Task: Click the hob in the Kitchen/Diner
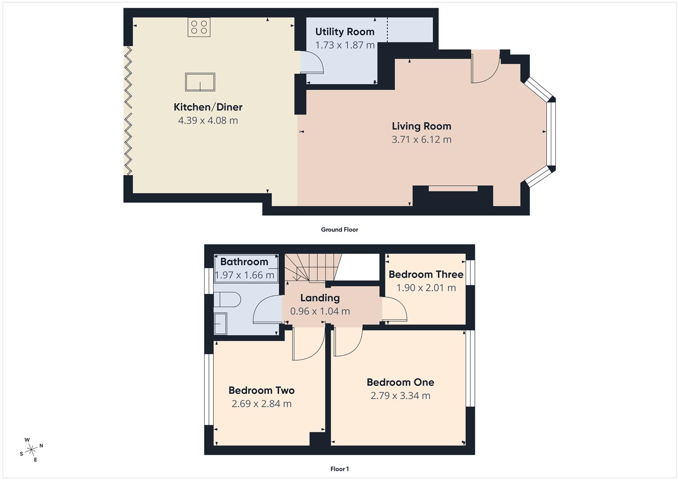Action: pos(199,27)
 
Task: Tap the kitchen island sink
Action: pos(200,82)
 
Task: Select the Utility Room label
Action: pos(345,32)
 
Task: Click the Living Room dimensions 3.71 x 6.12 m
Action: pos(421,140)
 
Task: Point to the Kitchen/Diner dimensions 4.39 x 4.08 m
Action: pos(208,120)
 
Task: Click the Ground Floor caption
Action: pos(339,230)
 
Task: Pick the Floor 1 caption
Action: pos(339,469)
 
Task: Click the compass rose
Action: pos(31,450)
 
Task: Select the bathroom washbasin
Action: pos(221,324)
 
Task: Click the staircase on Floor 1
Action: pos(311,268)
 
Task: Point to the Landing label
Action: pos(320,298)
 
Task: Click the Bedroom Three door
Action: pos(394,310)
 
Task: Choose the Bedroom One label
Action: pos(400,382)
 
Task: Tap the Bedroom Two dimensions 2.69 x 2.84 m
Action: pos(261,404)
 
